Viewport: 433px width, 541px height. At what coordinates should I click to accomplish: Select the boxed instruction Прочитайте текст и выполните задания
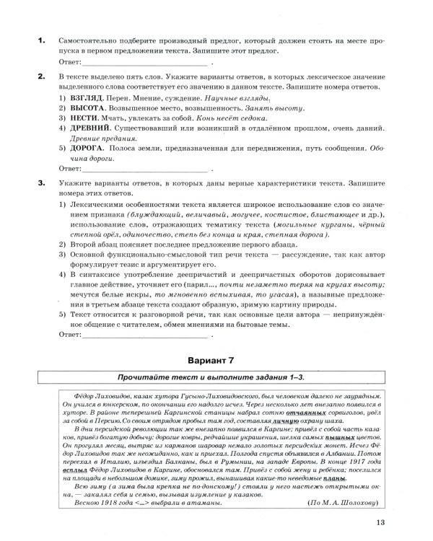pos(216,376)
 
